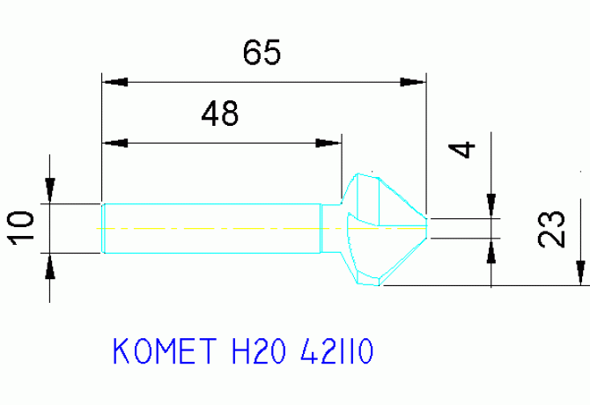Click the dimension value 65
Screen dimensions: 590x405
(262, 52)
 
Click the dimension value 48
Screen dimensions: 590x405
(220, 114)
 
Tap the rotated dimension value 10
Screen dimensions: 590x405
(21, 228)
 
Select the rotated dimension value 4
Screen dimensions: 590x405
(462, 150)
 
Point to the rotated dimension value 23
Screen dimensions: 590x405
(551, 229)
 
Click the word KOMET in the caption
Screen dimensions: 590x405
(165, 350)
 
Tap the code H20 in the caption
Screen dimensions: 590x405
(258, 350)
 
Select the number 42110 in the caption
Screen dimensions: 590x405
(336, 350)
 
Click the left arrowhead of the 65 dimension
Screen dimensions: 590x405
(115, 82)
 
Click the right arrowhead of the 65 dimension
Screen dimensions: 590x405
(413, 82)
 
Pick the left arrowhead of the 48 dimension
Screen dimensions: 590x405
(115, 144)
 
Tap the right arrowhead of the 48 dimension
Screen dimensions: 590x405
(328, 144)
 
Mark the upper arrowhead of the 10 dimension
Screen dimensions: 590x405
(50, 191)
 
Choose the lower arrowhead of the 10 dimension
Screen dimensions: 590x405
(50, 266)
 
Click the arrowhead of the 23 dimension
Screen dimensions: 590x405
(580, 273)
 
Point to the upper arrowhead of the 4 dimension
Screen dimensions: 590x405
(491, 206)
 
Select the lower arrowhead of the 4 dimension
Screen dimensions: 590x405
(491, 251)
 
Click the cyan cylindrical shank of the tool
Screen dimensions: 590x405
(211, 228)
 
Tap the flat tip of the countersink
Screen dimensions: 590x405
(427, 228)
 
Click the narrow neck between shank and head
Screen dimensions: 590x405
(331, 228)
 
